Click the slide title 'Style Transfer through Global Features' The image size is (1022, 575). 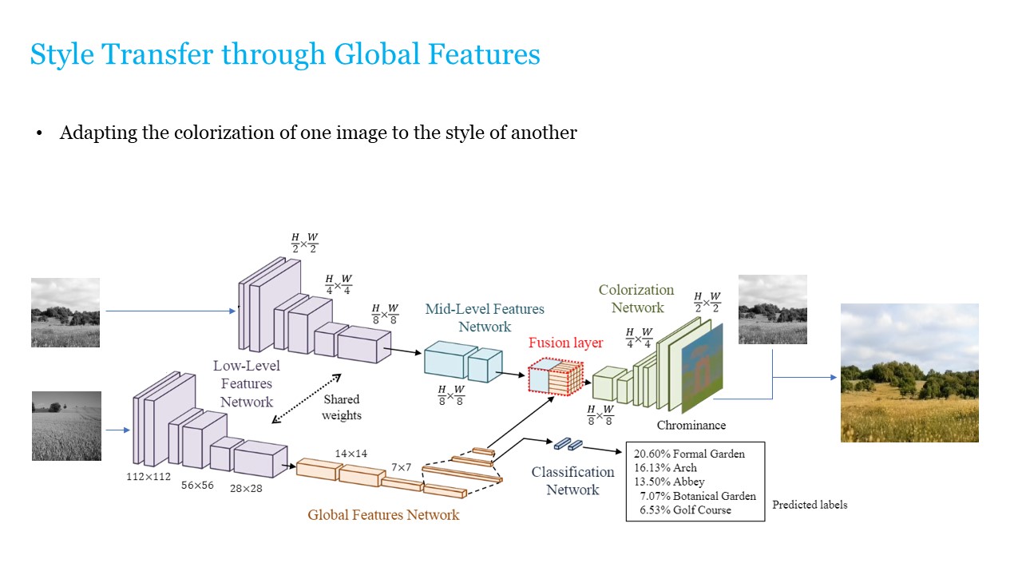pyautogui.click(x=285, y=54)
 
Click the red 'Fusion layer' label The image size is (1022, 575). pyautogui.click(x=566, y=343)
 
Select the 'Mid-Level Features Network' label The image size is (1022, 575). pyautogui.click(x=485, y=317)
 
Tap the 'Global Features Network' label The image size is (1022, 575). pyautogui.click(x=383, y=515)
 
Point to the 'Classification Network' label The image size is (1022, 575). pyautogui.click(x=572, y=481)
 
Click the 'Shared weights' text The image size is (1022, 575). pyautogui.click(x=342, y=406)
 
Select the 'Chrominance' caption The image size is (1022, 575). pyautogui.click(x=691, y=426)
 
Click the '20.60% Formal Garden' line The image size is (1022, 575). pyautogui.click(x=689, y=454)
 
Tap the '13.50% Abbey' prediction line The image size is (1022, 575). pyautogui.click(x=669, y=482)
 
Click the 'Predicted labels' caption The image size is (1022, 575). pyautogui.click(x=810, y=505)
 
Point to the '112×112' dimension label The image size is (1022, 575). pyautogui.click(x=149, y=476)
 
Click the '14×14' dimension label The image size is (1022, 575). pyautogui.click(x=351, y=454)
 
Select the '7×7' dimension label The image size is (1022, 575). pyautogui.click(x=401, y=467)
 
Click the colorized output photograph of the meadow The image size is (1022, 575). pyautogui.click(x=909, y=372)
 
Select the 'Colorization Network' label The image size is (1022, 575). pyautogui.click(x=636, y=299)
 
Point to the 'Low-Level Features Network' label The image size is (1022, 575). pyautogui.click(x=247, y=383)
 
